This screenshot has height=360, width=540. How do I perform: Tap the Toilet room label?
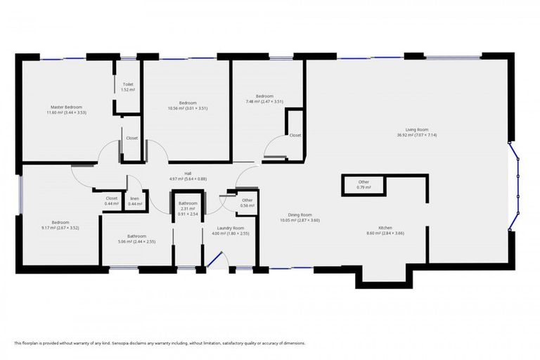[128, 86]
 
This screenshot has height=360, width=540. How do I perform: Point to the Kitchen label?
[385, 230]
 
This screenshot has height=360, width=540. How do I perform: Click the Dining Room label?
[300, 217]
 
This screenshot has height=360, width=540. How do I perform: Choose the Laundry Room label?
[230, 230]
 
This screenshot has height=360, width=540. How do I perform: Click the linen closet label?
[134, 201]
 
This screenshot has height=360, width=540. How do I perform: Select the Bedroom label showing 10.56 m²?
[187, 105]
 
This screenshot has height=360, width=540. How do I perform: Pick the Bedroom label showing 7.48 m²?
[264, 98]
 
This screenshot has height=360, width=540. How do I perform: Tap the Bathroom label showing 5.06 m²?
[136, 238]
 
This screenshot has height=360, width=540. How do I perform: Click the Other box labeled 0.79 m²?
[363, 184]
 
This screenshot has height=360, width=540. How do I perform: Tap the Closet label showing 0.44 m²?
[111, 201]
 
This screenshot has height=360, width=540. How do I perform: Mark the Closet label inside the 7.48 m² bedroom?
[295, 135]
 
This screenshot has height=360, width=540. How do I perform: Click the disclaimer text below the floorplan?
[160, 343]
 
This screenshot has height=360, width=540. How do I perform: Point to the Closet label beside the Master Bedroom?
[131, 138]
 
